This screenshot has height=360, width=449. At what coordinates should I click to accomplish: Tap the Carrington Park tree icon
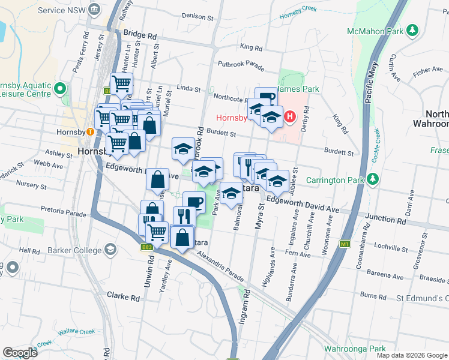[x=373, y=179]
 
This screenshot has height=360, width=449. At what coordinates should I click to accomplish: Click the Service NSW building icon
[x=95, y=10]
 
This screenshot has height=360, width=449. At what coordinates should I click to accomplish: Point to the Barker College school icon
[x=110, y=249]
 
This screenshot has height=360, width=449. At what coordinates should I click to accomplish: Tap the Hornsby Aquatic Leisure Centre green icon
[x=59, y=89]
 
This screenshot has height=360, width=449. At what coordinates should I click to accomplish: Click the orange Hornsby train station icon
[x=89, y=132]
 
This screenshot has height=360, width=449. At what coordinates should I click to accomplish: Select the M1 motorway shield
[x=345, y=244]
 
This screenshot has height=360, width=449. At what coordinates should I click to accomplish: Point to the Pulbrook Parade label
[x=241, y=64]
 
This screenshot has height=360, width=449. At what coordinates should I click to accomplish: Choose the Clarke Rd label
[x=123, y=295]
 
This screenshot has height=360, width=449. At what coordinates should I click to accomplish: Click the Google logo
[x=19, y=352]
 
